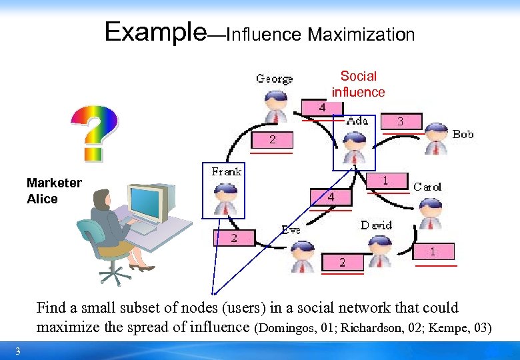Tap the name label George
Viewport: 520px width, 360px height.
point(275,79)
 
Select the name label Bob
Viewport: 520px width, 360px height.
point(463,134)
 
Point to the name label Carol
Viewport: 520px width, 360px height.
point(427,187)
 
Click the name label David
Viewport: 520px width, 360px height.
point(376,225)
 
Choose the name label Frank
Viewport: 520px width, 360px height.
point(226,171)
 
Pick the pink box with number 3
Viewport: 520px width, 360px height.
point(400,121)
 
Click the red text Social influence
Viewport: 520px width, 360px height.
point(358,84)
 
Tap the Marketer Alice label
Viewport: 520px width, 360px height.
point(54,191)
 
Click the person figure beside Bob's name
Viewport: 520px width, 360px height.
point(437,139)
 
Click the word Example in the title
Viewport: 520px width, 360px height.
point(155,31)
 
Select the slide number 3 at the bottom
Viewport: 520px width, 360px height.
point(18,351)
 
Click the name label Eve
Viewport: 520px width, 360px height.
point(291,229)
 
